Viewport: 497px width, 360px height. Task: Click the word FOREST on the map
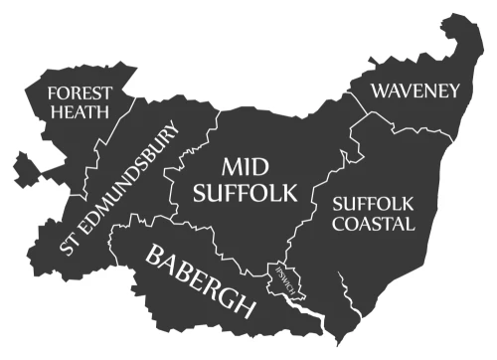80,92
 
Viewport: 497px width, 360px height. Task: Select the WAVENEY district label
415,91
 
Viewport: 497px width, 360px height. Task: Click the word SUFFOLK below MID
245,193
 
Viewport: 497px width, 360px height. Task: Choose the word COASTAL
373,224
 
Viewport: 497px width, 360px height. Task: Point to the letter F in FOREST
54,92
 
